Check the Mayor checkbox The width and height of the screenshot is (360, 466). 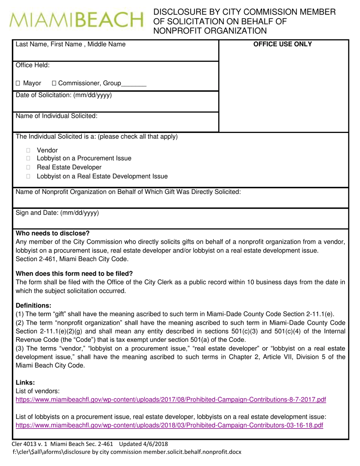pyautogui.click(x=18, y=83)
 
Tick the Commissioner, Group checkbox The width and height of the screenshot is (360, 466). pyautogui.click(x=54, y=83)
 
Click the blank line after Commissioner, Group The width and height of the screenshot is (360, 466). pyautogui.click(x=134, y=84)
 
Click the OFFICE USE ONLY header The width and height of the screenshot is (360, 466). pyautogui.click(x=282, y=44)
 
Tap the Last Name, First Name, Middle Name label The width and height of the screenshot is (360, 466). pyautogui.click(x=70, y=44)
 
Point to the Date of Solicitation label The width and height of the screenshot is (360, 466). pyautogui.click(x=64, y=95)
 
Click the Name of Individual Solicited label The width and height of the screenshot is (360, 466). pyautogui.click(x=56, y=116)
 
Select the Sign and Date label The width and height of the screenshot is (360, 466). pyautogui.click(x=57, y=213)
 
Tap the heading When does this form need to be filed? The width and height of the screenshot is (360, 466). pyautogui.click(x=74, y=274)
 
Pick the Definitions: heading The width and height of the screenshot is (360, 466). pyautogui.click(x=33, y=305)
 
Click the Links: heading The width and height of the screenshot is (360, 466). pyautogui.click(x=25, y=383)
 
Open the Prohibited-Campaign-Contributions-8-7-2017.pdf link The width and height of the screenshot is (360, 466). pyautogui.click(x=171, y=400)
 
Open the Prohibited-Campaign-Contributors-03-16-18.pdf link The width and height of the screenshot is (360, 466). pyautogui.click(x=169, y=425)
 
